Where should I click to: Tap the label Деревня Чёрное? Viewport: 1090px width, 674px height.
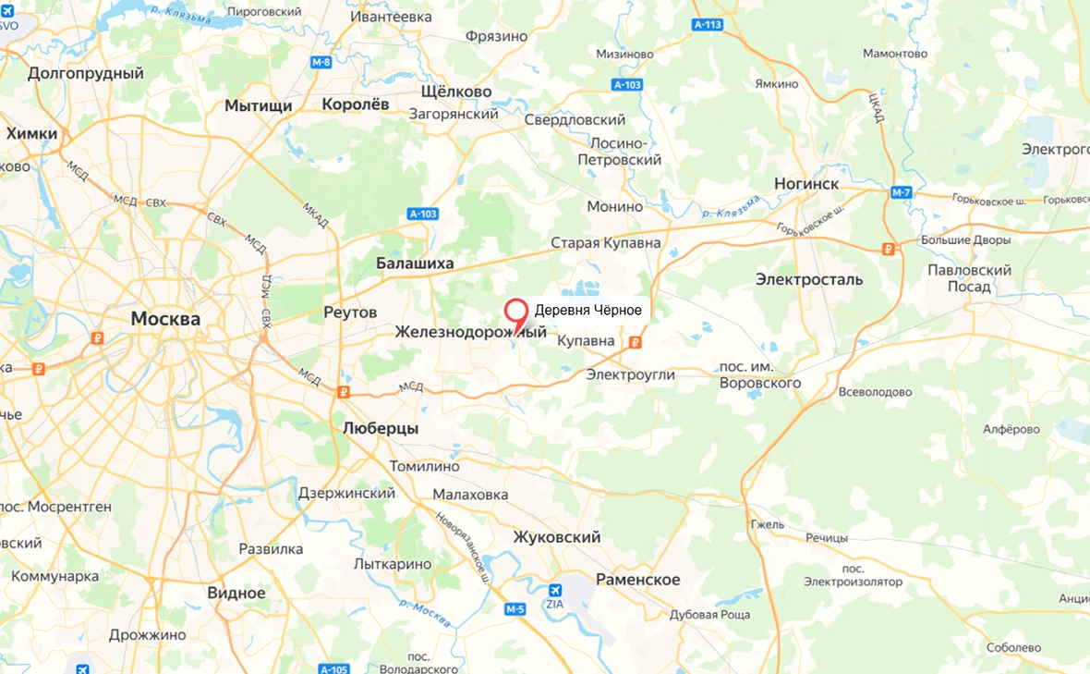pos(587,311)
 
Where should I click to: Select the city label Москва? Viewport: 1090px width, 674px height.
pos(165,319)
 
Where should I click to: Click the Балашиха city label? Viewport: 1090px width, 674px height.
pos(415,263)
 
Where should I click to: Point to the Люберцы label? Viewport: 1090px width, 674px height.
pos(380,429)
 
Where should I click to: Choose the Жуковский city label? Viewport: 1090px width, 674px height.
pos(557,537)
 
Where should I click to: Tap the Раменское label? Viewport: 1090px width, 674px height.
pos(637,580)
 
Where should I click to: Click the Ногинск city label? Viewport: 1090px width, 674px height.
pos(807,183)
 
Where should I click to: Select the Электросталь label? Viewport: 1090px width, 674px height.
pos(809,279)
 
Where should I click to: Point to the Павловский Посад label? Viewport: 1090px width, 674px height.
pos(969,278)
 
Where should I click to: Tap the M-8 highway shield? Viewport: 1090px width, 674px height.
pos(321,62)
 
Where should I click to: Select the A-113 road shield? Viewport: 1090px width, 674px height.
pos(707,25)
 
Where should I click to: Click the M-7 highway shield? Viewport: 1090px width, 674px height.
pos(902,192)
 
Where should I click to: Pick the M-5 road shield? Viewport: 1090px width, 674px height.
pos(515,609)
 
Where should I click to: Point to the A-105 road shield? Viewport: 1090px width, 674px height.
pos(333,668)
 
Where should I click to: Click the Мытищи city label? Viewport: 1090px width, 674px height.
pos(259,105)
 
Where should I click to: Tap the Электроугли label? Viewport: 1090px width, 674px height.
pos(632,374)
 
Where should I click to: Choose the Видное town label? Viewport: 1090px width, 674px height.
pos(236,594)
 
